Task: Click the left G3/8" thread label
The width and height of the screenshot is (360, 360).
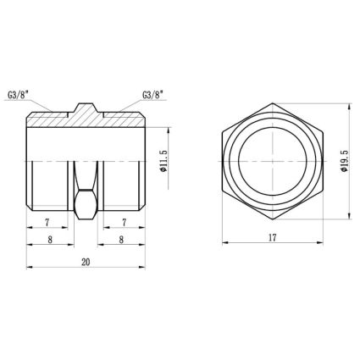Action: click(19, 95)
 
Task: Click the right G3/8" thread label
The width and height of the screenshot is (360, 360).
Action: click(153, 95)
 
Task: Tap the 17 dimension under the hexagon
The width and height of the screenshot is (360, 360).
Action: click(272, 238)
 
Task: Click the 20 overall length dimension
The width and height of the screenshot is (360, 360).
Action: click(86, 262)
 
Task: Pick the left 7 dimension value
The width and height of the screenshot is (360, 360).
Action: click(47, 223)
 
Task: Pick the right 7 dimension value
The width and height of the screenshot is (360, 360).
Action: click(124, 223)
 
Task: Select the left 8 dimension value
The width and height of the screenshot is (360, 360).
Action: click(50, 240)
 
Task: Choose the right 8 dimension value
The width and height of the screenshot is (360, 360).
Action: click(121, 240)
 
